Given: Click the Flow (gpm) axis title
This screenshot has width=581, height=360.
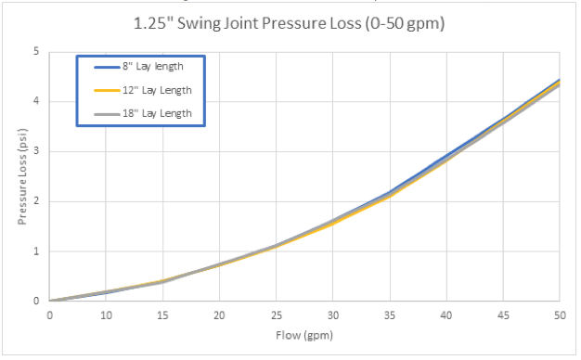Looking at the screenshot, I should (304, 335).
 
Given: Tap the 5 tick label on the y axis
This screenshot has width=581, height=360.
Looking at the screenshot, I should (36, 52).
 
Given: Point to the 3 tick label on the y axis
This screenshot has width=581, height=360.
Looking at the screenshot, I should (36, 151).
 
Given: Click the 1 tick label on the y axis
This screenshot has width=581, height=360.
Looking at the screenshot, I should (36, 251).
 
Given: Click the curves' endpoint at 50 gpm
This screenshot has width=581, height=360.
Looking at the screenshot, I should (559, 82).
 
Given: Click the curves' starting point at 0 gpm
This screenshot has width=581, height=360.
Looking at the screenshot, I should (50, 301).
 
